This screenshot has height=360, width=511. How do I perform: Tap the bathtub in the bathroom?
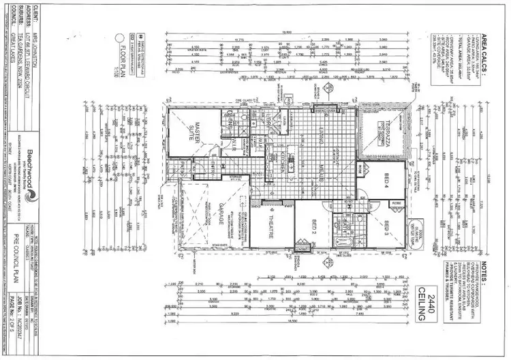pos(343,243)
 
